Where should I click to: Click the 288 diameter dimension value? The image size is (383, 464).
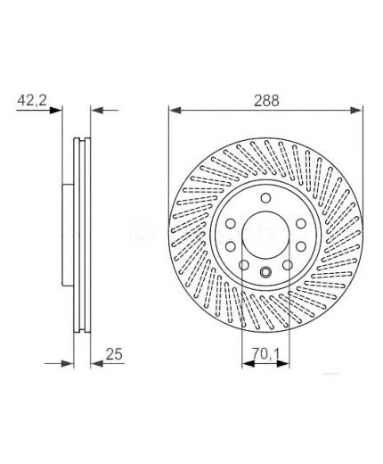[266, 101]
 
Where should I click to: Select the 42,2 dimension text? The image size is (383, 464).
[32, 100]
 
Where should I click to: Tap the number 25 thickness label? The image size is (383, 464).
[114, 354]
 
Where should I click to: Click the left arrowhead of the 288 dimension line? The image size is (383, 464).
[175, 111]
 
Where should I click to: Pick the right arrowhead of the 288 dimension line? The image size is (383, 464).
[356, 111]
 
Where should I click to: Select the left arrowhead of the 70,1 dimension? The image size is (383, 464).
[249, 363]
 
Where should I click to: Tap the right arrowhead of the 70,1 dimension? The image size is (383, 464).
[283, 363]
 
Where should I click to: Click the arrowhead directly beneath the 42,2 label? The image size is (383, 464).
[55, 111]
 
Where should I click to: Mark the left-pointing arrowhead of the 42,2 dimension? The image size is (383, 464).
[97, 111]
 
